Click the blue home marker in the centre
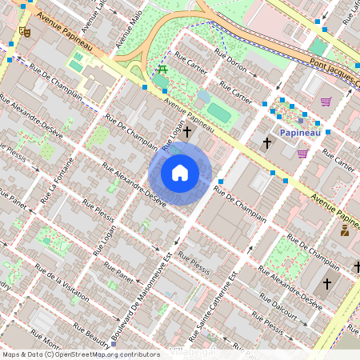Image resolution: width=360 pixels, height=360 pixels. [x=180, y=172]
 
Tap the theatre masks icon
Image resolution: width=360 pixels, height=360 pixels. [x=25, y=32]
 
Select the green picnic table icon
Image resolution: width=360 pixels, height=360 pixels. [x=162, y=70]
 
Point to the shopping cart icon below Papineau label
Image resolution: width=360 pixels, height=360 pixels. [x=302, y=153]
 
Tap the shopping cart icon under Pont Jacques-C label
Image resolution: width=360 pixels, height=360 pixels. [x=326, y=102]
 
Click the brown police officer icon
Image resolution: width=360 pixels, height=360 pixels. [x=345, y=230]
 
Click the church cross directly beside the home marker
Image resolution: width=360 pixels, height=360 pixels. [x=188, y=131]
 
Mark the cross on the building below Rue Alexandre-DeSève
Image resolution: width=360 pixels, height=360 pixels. [x=326, y=283]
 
